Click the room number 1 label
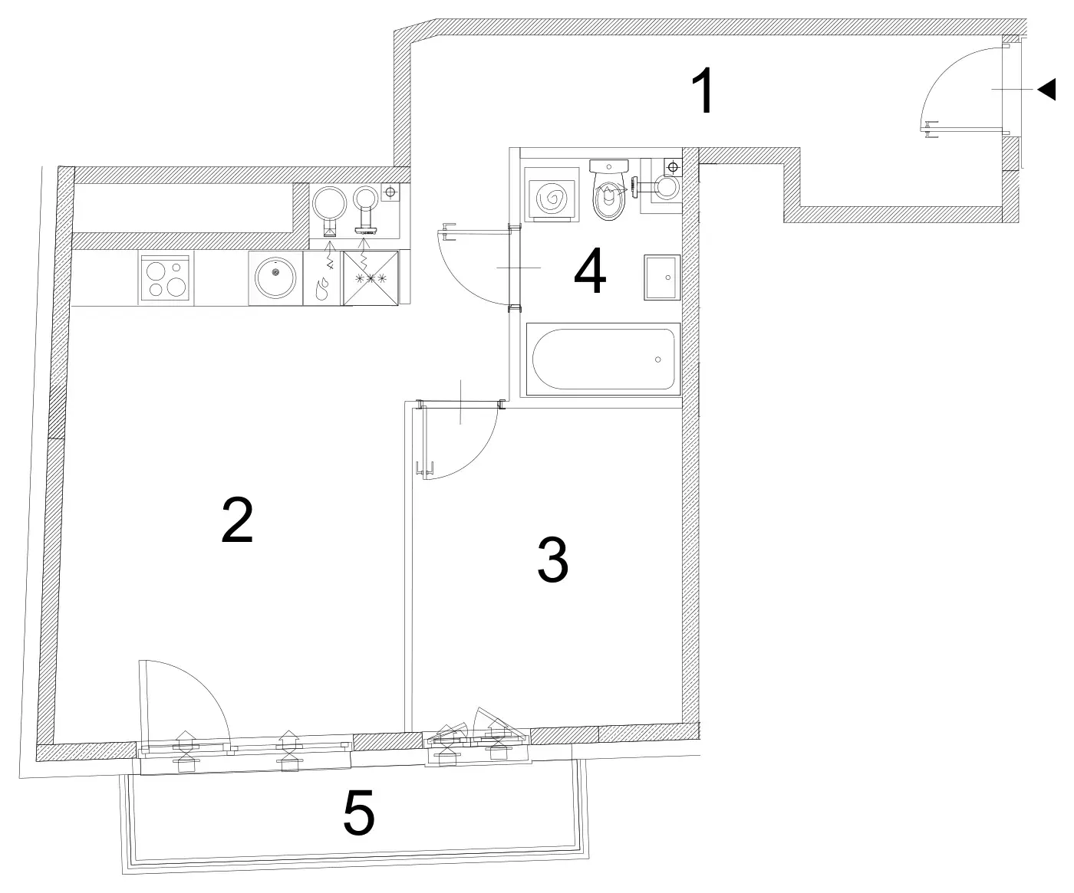click(x=703, y=90)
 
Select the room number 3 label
click(x=552, y=560)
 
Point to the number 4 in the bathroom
click(x=590, y=271)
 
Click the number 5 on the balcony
click(x=359, y=813)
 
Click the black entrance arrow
click(x=1047, y=90)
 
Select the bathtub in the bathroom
click(x=603, y=359)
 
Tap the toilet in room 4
click(x=609, y=189)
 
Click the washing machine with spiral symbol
click(x=552, y=195)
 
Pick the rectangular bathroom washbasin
click(x=662, y=277)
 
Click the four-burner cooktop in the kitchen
click(x=166, y=278)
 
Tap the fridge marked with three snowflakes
click(x=371, y=278)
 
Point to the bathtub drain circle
click(x=658, y=359)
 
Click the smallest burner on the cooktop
click(x=176, y=268)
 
